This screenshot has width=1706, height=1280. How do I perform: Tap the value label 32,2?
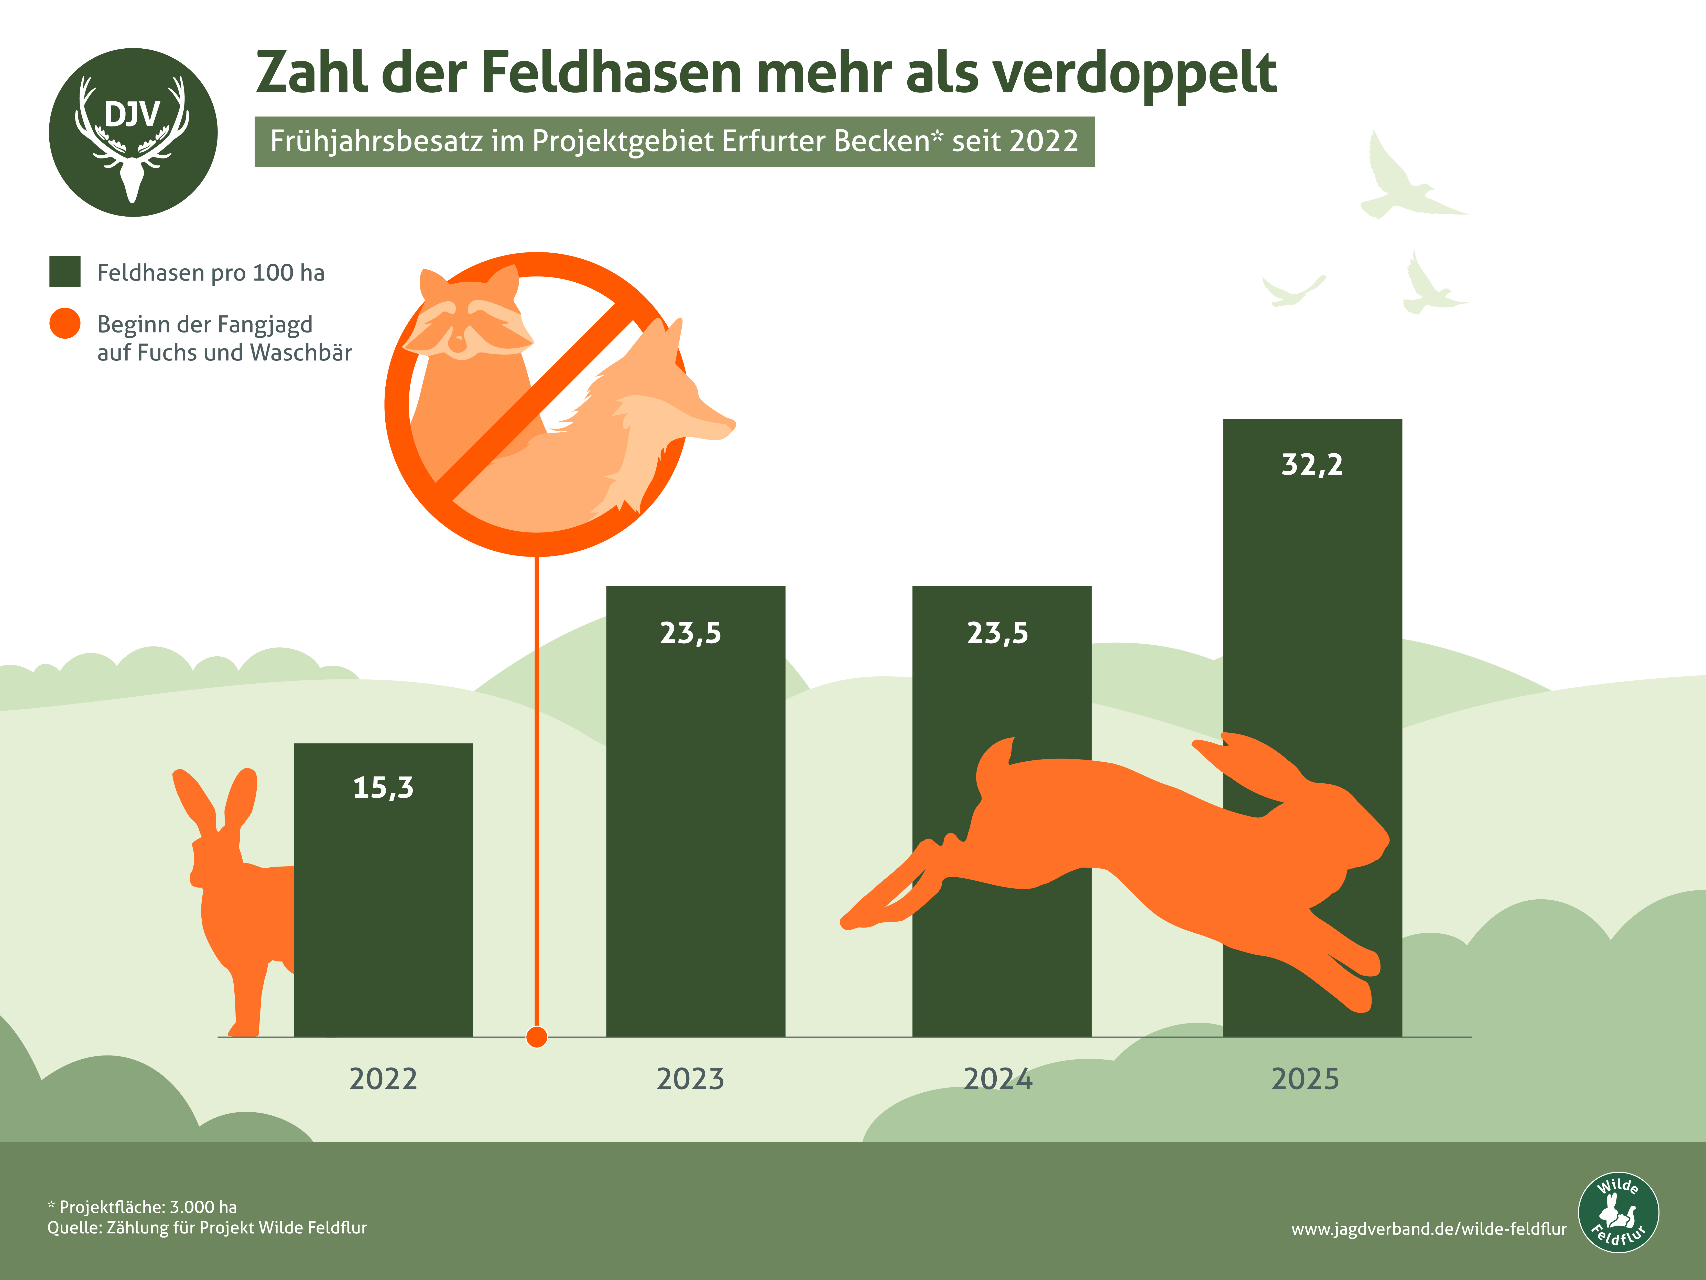click(x=1312, y=464)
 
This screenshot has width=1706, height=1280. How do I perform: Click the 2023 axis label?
click(x=690, y=1079)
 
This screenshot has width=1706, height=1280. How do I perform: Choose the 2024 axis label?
click(x=998, y=1079)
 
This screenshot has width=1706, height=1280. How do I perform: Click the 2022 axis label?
click(x=383, y=1079)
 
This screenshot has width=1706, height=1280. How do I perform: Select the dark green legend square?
click(x=65, y=272)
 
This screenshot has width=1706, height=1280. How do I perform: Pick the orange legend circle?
click(x=65, y=323)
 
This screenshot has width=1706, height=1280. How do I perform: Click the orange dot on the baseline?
click(x=537, y=1037)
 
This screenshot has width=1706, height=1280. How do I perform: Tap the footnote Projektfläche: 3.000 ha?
click(x=147, y=1207)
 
